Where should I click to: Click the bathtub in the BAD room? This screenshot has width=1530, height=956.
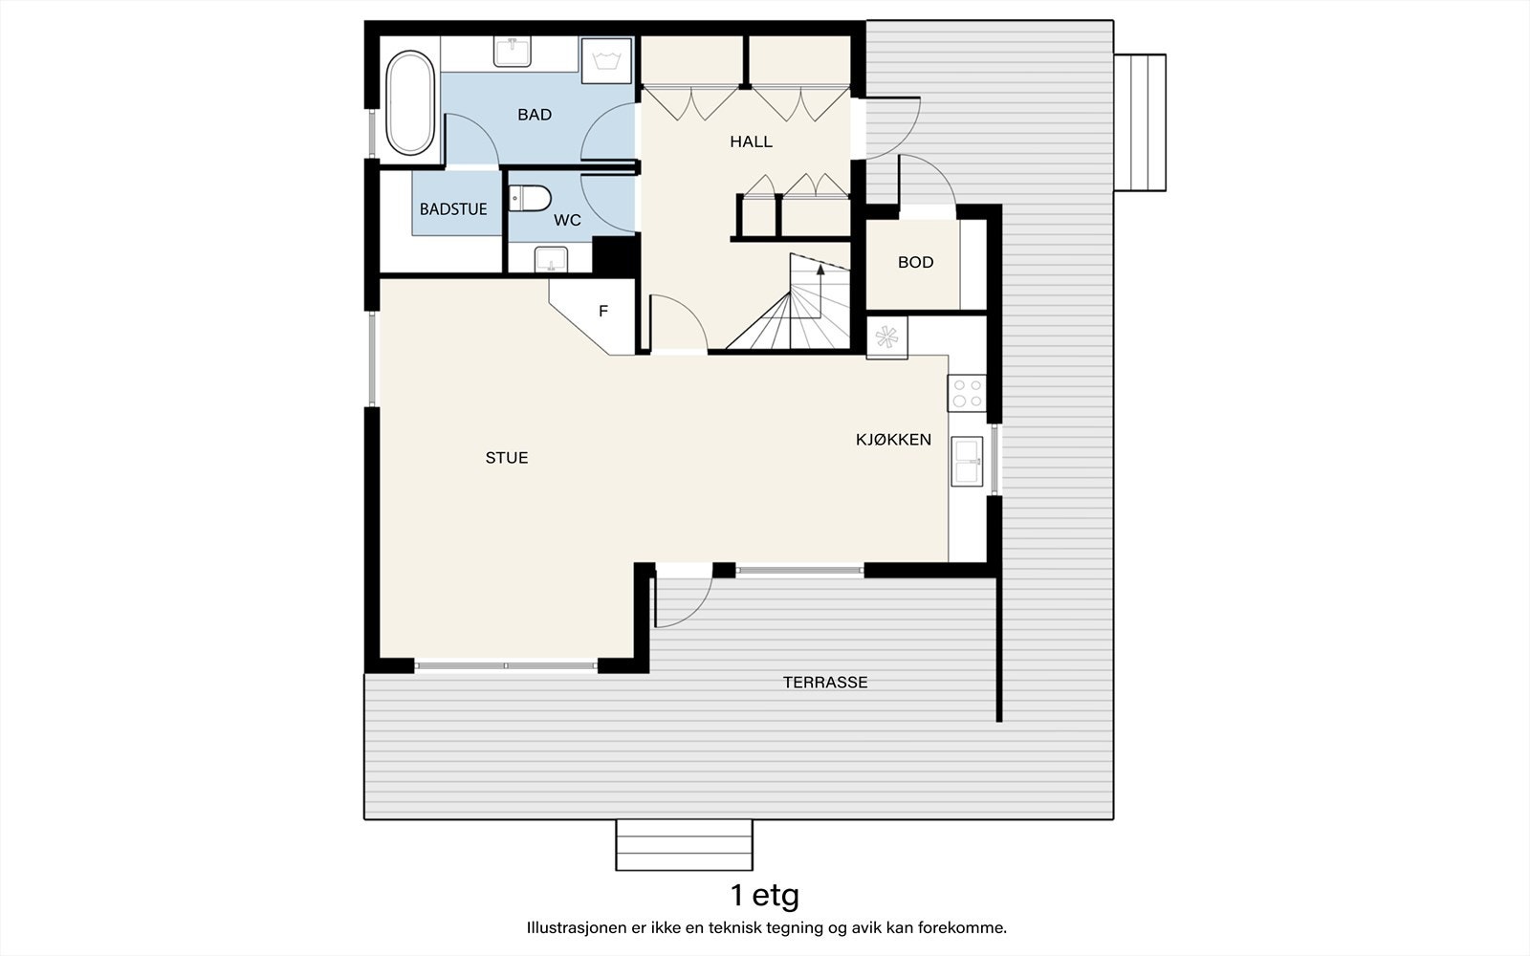(410, 102)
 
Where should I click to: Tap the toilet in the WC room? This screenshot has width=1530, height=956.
(530, 198)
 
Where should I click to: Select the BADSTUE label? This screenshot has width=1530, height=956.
(453, 209)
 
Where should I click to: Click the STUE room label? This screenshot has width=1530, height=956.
(507, 458)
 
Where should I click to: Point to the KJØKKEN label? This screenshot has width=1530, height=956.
(893, 440)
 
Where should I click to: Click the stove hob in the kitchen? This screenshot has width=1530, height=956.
(966, 393)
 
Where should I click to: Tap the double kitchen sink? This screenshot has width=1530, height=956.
(967, 462)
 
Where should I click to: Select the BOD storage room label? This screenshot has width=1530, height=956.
(915, 262)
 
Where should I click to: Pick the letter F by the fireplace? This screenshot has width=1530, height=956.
(603, 311)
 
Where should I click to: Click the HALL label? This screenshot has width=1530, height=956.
(751, 141)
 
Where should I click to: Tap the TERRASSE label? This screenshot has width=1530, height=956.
(825, 683)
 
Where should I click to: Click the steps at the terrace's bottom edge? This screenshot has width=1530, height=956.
(684, 844)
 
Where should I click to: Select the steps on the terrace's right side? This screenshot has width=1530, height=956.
(1140, 122)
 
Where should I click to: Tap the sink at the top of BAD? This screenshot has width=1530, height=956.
(513, 52)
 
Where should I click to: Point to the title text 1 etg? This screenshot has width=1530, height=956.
(764, 896)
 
